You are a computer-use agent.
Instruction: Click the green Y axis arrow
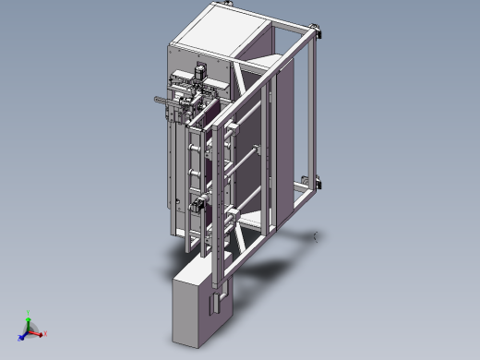point(30,321)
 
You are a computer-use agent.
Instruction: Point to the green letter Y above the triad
point(30,313)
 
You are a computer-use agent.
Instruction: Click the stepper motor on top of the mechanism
point(198,72)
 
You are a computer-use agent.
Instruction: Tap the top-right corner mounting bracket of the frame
point(319,34)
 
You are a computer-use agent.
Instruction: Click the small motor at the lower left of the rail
point(196,206)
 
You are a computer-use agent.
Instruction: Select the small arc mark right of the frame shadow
point(317,236)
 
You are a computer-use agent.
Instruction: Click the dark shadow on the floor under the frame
point(268,268)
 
